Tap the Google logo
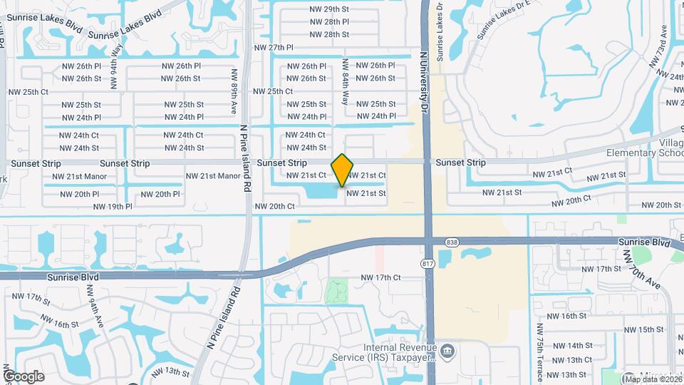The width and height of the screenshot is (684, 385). pos(24,376)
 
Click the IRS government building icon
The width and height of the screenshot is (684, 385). pos(447,350)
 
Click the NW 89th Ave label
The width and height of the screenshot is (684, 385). pos(234,91)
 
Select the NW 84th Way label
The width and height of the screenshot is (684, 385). pos(345,82)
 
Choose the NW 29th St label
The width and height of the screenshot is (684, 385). pos(330,9)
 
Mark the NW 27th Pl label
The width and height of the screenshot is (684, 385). pos(274,48)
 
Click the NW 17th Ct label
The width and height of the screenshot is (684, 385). pos(381,277)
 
